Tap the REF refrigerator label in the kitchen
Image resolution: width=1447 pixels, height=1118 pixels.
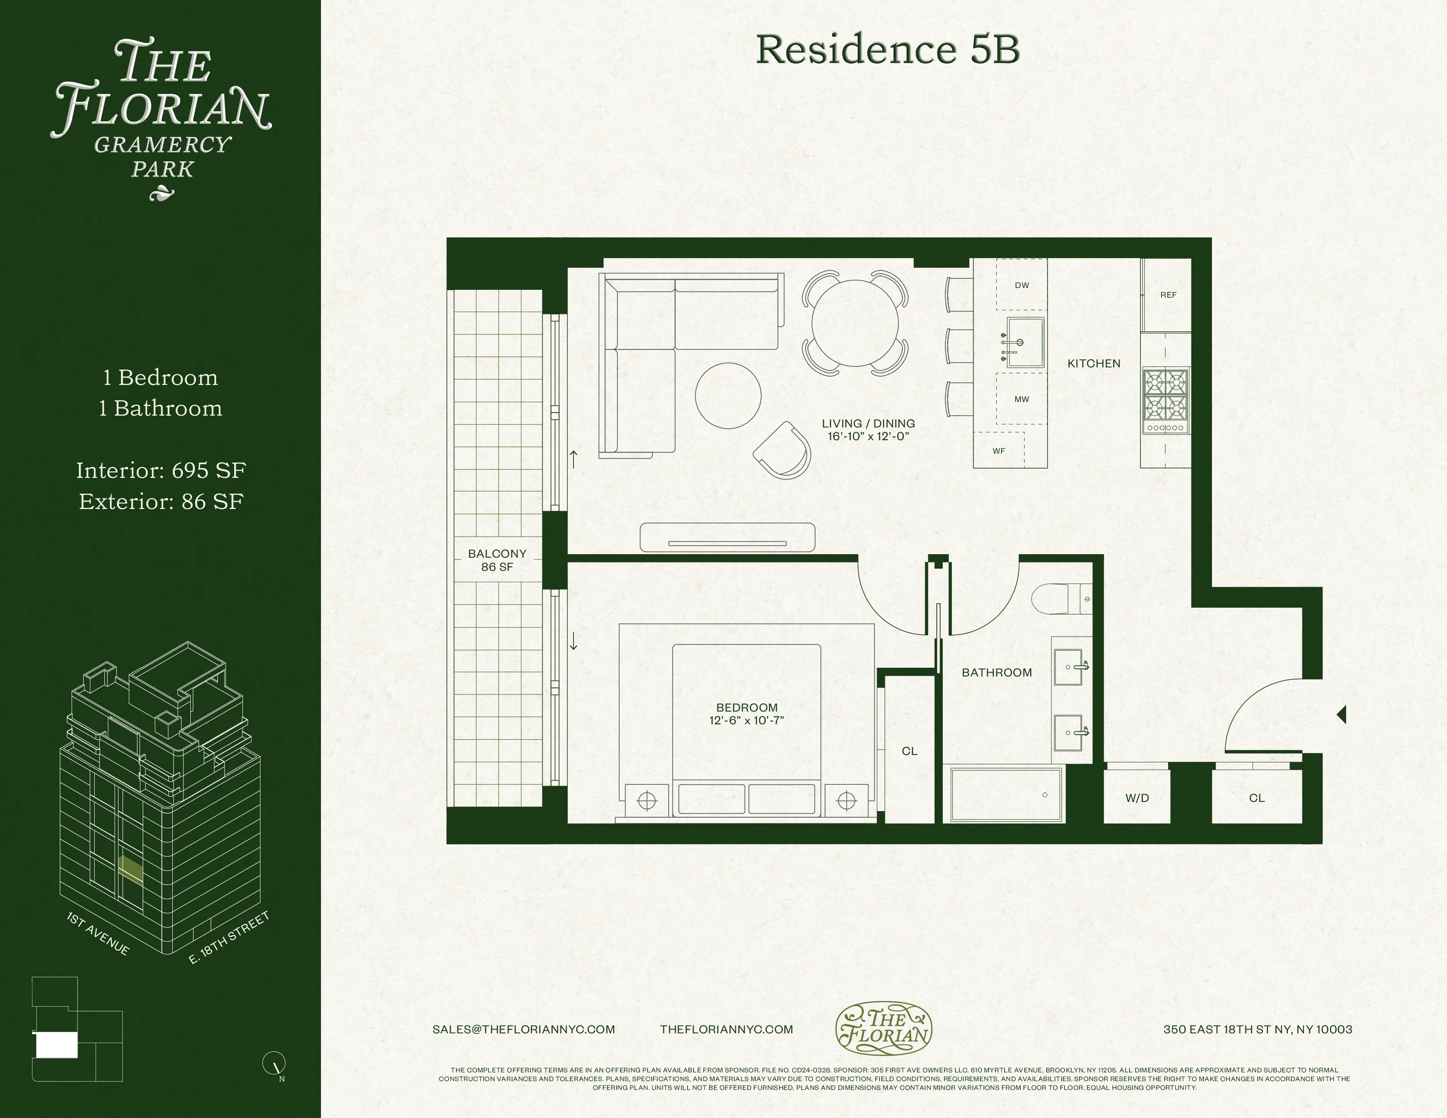point(1168,295)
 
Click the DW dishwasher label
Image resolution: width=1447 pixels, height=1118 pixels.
point(1022,285)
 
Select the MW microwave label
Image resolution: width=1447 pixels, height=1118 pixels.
point(1022,399)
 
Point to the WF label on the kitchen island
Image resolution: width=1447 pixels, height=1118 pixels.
point(998,451)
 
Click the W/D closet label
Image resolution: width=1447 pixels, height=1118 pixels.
point(1137,798)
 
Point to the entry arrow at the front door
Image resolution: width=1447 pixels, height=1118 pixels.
point(1342,715)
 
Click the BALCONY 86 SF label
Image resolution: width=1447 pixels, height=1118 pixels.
point(497,560)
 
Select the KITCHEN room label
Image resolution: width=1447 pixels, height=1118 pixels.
point(1094,363)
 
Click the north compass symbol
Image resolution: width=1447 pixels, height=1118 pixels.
point(274,1064)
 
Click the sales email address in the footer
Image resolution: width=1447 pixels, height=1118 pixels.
point(524,1029)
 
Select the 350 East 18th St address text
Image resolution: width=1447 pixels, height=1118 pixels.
point(1258,1029)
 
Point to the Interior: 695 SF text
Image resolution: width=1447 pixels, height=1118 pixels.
point(161,471)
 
